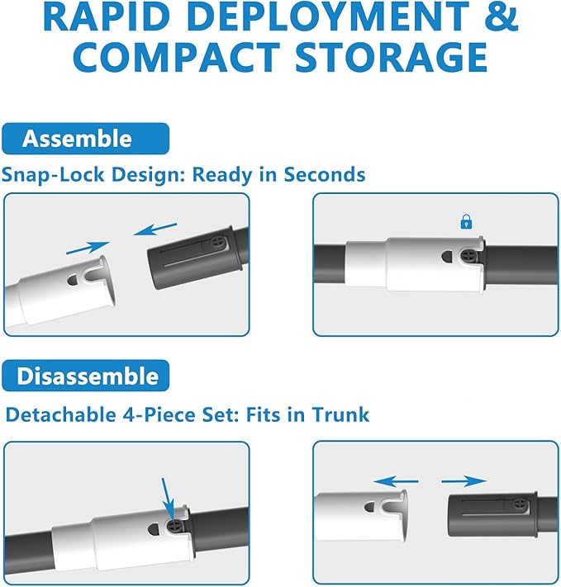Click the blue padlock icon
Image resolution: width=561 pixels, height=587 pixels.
(466, 221)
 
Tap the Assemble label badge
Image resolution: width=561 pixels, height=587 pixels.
(85, 139)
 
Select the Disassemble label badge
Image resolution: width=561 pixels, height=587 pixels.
(85, 376)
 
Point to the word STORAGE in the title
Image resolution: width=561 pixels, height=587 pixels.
(392, 57)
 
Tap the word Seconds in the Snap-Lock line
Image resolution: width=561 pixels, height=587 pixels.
(324, 174)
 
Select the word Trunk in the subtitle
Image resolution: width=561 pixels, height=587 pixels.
(340, 414)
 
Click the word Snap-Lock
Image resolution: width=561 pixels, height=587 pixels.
(53, 175)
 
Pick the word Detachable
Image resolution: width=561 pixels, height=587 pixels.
(61, 414)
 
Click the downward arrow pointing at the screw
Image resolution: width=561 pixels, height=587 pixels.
(169, 499)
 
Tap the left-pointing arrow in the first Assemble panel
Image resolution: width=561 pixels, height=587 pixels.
(155, 230)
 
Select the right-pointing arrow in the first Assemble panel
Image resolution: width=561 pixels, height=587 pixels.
(88, 248)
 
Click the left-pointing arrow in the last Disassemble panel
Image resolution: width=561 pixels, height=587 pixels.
(396, 481)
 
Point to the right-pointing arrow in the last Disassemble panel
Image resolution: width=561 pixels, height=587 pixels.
(464, 481)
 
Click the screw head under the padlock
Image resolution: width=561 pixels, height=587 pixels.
(468, 257)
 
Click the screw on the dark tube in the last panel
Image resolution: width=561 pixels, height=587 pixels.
(521, 506)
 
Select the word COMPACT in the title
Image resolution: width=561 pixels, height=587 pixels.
(177, 57)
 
